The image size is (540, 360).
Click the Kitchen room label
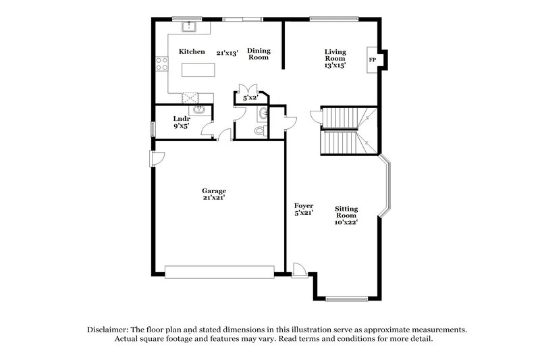pyautogui.click(x=192, y=51)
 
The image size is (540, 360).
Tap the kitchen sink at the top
pyautogui.click(x=190, y=27)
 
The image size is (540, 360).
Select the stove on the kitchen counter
pyautogui.click(x=161, y=65)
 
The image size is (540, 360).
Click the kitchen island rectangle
pyautogui.click(x=198, y=70)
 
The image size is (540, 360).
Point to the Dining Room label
pyautogui.click(x=258, y=53)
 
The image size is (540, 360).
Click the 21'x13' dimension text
pyautogui.click(x=228, y=52)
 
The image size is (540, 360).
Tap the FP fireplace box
pyautogui.click(x=372, y=60)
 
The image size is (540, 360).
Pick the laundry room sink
pyautogui.click(x=198, y=109)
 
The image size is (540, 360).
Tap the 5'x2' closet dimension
pyautogui.click(x=250, y=99)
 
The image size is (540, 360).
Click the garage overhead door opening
pyautogui.click(x=219, y=272)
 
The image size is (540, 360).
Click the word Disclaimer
pyautogui.click(x=109, y=329)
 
